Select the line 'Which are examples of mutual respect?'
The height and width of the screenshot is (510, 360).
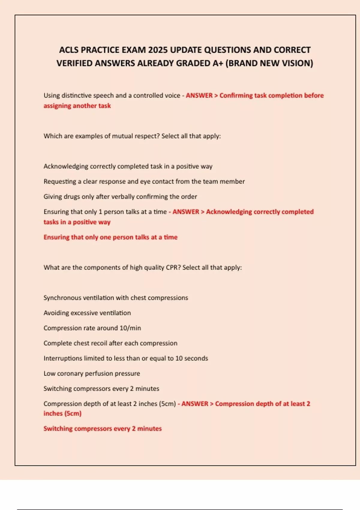tap(132, 136)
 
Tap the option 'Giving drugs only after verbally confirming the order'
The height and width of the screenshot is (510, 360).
tap(120, 196)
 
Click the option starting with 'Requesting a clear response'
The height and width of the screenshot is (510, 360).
tap(144, 181)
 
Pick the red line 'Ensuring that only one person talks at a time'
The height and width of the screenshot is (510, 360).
tap(110, 237)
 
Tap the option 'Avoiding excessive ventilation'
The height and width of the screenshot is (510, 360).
tap(87, 313)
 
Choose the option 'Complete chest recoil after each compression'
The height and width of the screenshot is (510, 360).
tap(110, 343)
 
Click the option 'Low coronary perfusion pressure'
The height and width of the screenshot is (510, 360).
tap(91, 373)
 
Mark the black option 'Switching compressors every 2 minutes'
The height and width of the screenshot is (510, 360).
tap(101, 388)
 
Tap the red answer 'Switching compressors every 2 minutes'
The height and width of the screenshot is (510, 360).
tap(102, 429)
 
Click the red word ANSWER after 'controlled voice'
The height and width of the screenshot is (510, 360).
tap(199, 95)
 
